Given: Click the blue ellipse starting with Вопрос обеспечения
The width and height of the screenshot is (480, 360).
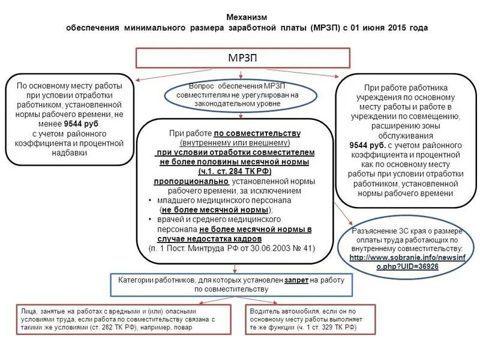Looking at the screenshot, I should coord(241,95).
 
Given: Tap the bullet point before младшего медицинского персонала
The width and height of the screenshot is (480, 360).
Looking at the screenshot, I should coord(149,200).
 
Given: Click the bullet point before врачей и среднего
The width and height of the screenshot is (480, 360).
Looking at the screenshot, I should coord(149,220).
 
